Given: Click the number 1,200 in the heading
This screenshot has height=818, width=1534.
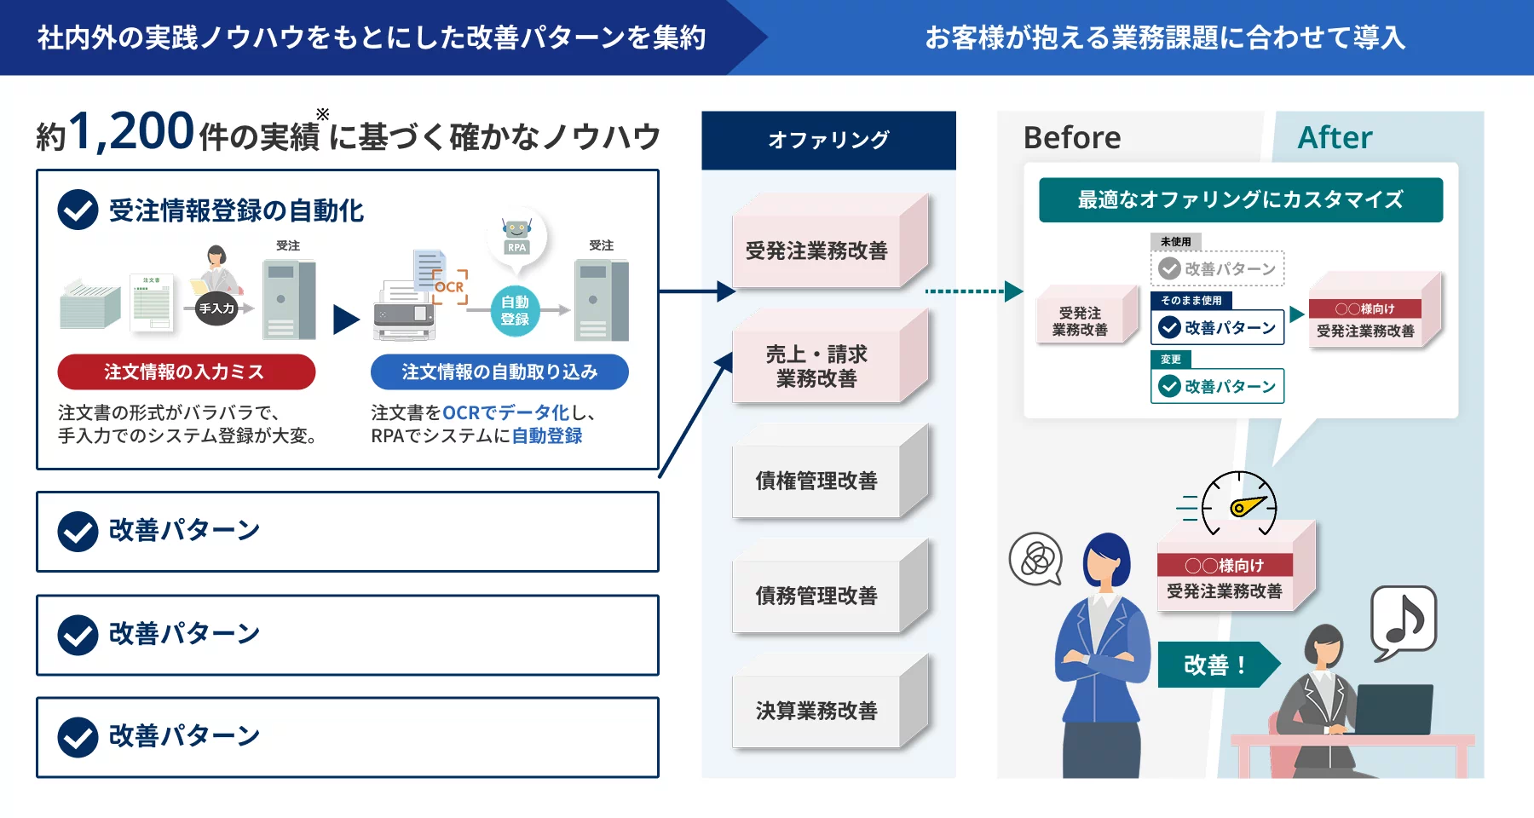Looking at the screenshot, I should pos(132,132).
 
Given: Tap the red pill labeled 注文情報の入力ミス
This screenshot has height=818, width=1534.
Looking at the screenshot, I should pos(186,372).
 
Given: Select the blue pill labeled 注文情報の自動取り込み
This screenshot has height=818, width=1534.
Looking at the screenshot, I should pos(499,372).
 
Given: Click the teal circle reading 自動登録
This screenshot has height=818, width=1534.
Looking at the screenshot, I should pos(515,311).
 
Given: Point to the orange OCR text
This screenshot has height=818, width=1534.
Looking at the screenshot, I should pos(449,287).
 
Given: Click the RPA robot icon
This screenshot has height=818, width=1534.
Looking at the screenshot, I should pos(516,235).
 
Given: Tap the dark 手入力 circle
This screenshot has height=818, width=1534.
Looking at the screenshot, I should pos(216,308).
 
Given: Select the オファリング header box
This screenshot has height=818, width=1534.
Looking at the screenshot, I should pos(828,140).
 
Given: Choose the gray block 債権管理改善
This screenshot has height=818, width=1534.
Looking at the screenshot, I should pos(816,481).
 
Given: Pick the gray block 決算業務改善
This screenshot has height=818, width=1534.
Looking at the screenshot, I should pos(816,711).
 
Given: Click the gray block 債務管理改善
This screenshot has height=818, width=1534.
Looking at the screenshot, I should pos(816,596).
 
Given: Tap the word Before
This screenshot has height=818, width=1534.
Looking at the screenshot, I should pos(1072,137).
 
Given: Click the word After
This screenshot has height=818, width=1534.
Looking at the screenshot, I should pos(1335,137).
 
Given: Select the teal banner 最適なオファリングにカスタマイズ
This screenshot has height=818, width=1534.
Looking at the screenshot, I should pos(1240,199).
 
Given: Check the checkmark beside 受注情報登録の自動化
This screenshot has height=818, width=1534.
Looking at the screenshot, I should pos(78,210).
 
